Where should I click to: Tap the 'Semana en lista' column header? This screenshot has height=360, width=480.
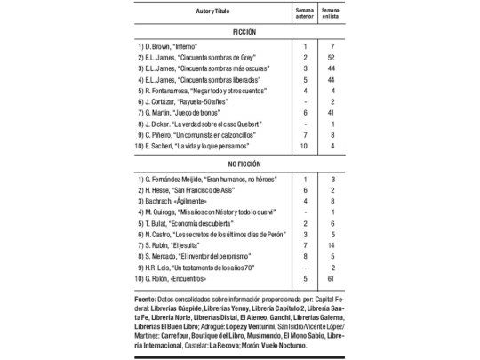point(331,11)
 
